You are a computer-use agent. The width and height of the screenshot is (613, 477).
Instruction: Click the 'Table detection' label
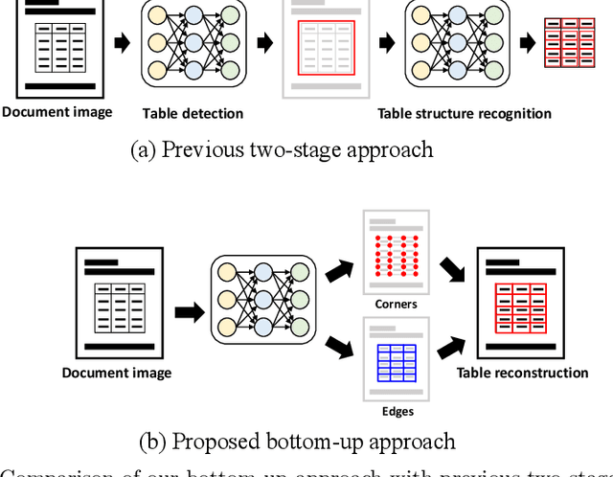[x=193, y=113]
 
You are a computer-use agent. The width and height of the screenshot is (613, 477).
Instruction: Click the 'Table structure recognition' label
[x=465, y=113]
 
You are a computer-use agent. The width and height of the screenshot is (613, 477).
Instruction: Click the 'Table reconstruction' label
[x=522, y=373]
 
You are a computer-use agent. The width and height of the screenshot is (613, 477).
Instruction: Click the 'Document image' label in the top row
[x=57, y=112]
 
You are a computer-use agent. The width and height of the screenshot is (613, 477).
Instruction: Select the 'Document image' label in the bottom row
[x=117, y=373]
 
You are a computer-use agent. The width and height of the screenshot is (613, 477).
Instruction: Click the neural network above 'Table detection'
[x=192, y=48]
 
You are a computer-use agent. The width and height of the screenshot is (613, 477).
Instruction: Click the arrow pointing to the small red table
[x=528, y=44]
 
